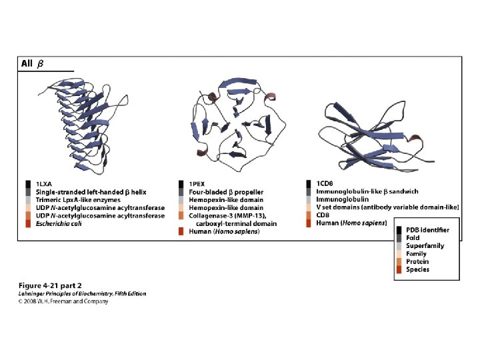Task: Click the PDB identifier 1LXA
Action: [44, 183]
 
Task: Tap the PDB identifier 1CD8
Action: [325, 183]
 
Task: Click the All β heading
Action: [31, 64]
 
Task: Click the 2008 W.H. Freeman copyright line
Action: [62, 301]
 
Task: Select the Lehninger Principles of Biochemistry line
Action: [81, 293]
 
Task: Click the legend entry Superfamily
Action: [425, 246]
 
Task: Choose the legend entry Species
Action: [418, 270]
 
